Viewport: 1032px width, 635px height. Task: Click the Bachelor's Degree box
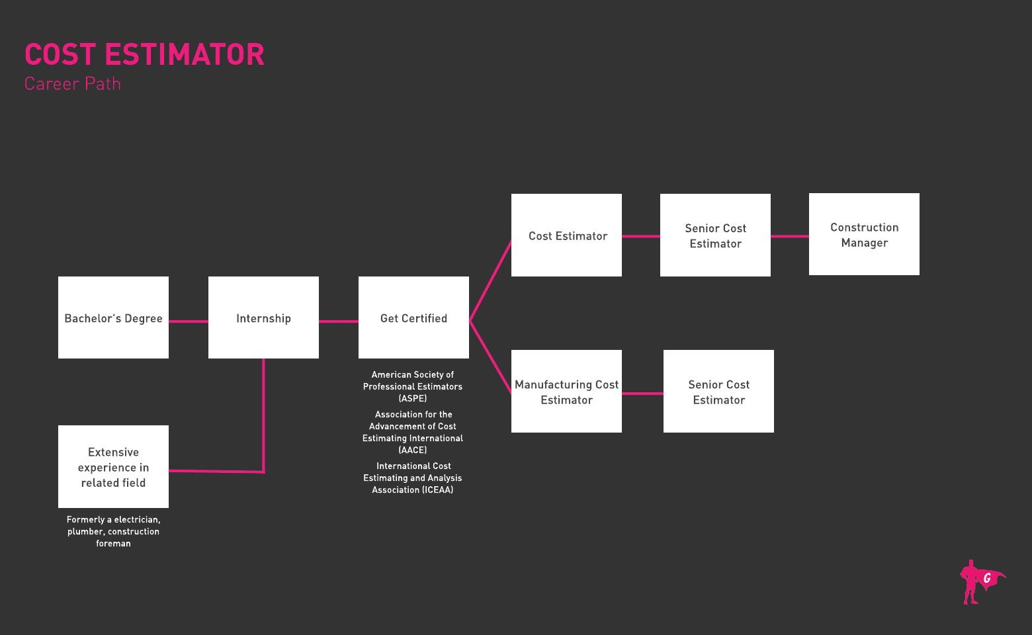click(113, 317)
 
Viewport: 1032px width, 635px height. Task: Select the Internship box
click(263, 317)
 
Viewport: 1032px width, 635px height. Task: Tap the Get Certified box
click(413, 317)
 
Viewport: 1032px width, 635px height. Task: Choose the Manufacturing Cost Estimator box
click(566, 391)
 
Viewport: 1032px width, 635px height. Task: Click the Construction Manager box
click(864, 234)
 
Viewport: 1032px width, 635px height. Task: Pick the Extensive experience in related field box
click(113, 466)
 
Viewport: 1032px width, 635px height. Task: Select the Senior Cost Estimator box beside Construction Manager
click(715, 235)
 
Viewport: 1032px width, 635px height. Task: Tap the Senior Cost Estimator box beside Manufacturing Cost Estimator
click(718, 391)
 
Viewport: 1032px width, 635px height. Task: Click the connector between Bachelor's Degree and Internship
click(189, 321)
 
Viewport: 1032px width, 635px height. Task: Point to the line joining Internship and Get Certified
click(339, 321)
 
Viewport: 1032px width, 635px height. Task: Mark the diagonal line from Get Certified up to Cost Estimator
click(490, 280)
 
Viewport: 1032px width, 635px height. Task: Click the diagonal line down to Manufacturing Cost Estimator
click(490, 358)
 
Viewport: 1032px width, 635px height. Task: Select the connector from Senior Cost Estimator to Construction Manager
click(790, 236)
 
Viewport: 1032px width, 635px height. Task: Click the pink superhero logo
click(981, 582)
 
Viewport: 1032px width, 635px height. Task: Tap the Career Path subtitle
click(72, 84)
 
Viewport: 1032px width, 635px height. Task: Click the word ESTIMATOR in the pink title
click(185, 54)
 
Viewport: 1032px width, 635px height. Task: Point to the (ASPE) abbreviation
click(413, 398)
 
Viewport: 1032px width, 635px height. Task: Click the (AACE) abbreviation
click(413, 450)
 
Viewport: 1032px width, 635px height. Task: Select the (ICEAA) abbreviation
click(438, 490)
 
